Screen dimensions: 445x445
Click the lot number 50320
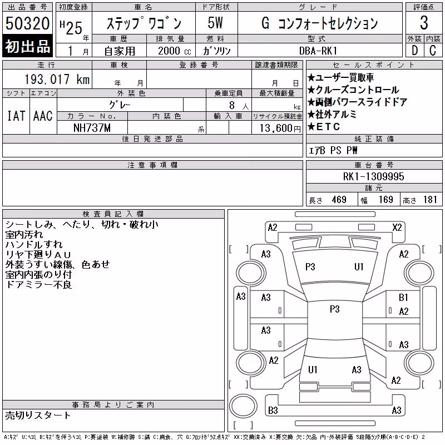tap(27, 23)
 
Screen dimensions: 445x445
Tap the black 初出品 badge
tap(27, 46)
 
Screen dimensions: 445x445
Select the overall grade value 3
tap(424, 23)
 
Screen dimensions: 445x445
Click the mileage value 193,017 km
tap(57, 79)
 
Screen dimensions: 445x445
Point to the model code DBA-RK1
tap(318, 51)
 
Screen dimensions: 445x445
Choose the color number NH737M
tap(92, 128)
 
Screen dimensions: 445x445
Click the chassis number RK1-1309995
tap(373, 176)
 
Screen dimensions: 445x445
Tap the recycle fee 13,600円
tap(280, 128)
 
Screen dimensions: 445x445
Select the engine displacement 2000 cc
tap(174, 51)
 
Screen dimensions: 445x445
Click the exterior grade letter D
tap(414, 51)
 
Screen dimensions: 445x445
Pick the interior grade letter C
tap(433, 51)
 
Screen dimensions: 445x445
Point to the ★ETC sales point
tap(324, 127)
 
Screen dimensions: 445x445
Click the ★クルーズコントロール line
tap(354, 90)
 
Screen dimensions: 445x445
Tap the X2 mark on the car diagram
tap(397, 228)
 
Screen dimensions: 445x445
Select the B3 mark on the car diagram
tap(273, 410)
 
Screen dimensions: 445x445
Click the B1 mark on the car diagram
tap(403, 298)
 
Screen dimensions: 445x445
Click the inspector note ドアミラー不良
tap(38, 285)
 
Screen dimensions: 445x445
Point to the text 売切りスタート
tap(38, 416)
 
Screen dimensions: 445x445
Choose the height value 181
tap(430, 200)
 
